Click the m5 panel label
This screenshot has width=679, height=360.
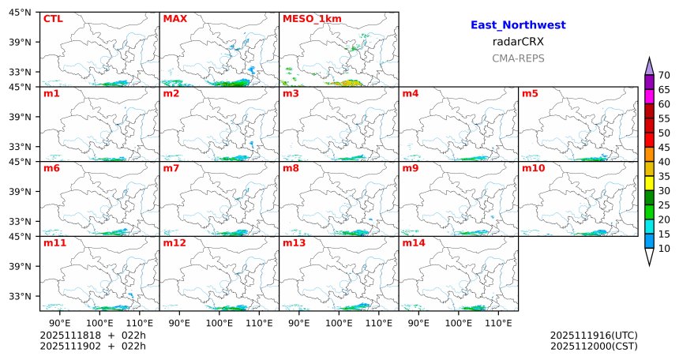(x=531, y=94)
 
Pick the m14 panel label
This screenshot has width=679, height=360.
(x=414, y=243)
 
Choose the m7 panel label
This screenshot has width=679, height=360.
(x=171, y=168)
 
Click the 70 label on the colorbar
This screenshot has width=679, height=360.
(x=664, y=75)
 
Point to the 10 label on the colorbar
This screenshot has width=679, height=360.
(x=664, y=249)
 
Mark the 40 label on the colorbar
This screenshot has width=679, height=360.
(x=664, y=162)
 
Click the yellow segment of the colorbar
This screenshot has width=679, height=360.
(x=650, y=183)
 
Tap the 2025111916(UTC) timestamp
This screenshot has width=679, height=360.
(x=594, y=336)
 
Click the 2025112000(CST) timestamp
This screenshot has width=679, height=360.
(x=594, y=346)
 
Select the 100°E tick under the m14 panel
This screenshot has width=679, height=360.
(x=459, y=323)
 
